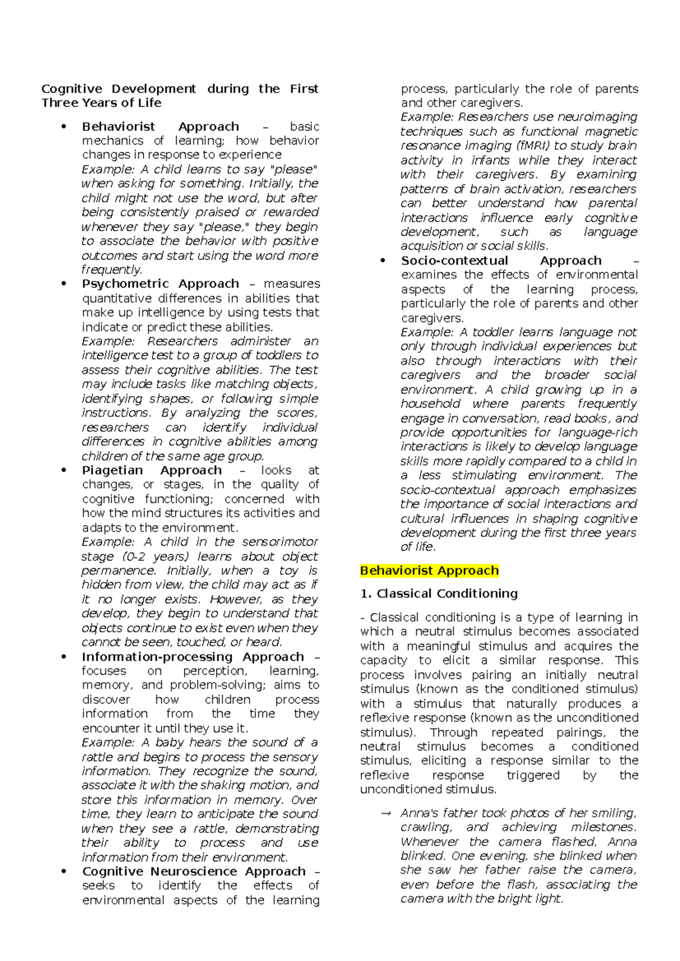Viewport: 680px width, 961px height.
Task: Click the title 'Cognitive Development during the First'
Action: point(180,89)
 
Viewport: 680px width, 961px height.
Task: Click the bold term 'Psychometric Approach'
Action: point(160,284)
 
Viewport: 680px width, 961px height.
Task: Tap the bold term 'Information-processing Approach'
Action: point(193,657)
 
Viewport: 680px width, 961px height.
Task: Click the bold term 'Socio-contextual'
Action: point(454,261)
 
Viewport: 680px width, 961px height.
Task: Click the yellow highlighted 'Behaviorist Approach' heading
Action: point(430,571)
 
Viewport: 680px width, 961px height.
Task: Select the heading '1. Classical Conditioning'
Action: point(439,594)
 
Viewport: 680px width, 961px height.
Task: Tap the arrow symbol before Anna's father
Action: point(386,814)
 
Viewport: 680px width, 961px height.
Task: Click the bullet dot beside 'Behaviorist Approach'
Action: point(64,126)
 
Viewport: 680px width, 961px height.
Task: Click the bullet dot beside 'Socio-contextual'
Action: point(383,261)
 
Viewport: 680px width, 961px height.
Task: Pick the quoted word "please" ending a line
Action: point(295,169)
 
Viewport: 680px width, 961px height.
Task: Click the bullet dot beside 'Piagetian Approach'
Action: point(64,470)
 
